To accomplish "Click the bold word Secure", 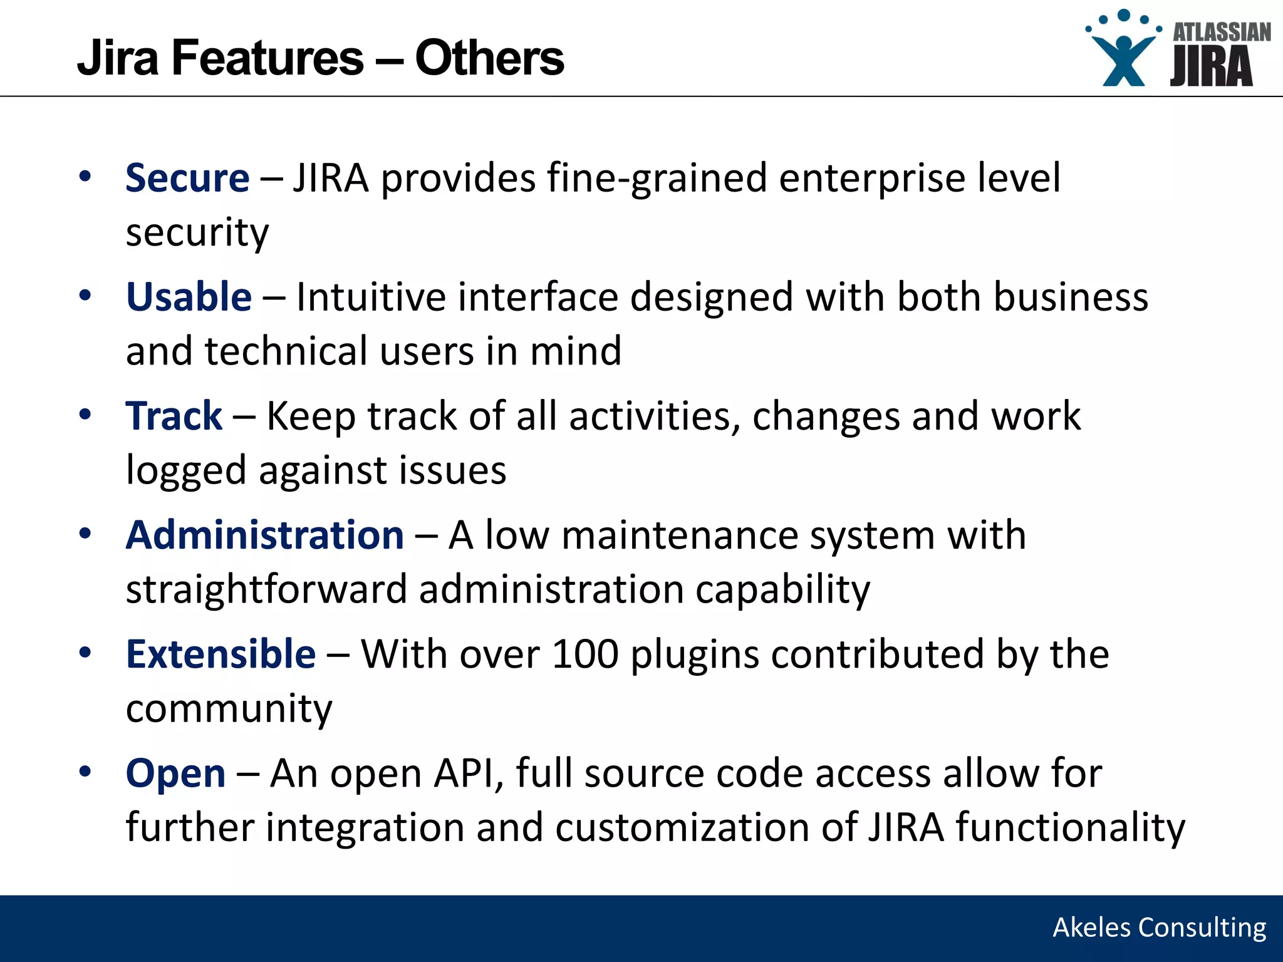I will pos(187,178).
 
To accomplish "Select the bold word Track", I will pos(174,416).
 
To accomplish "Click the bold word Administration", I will pos(264,535).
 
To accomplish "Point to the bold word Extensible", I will pos(221,654).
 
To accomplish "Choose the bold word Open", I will pos(175,773).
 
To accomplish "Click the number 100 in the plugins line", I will pos(585,654).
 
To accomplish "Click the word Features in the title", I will pos(267,58).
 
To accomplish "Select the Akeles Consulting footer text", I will pos(1159,928).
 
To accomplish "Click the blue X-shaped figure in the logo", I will pos(1124,59).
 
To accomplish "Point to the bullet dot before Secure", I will pos(85,176).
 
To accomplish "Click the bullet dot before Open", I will pos(85,772).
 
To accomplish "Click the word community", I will pos(229,709).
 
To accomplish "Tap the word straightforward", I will pos(266,590).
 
